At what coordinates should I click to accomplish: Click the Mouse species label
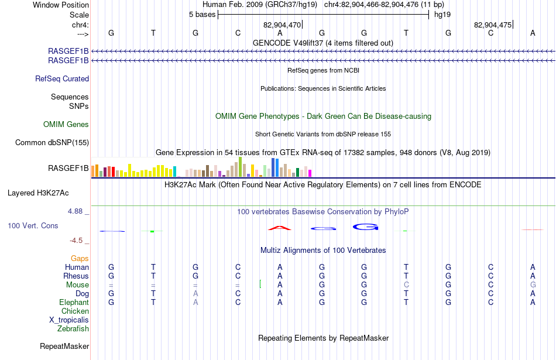(77, 285)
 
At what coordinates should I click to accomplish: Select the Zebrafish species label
(73, 329)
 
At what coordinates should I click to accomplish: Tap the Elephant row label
(74, 303)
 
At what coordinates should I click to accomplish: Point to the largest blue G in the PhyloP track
(365, 227)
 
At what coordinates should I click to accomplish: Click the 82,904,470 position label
(282, 25)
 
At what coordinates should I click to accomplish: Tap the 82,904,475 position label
(493, 25)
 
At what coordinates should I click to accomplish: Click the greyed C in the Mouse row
(406, 285)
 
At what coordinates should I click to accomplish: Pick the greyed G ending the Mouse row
(533, 285)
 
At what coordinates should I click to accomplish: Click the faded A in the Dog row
(195, 294)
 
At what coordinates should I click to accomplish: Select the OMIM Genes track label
(66, 125)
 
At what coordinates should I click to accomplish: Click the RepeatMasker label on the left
(64, 346)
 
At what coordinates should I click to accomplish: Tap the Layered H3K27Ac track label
(38, 193)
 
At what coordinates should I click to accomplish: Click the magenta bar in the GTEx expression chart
(310, 173)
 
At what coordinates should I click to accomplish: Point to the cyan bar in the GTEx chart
(175, 172)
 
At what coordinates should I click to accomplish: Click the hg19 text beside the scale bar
(442, 15)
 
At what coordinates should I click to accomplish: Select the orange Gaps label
(80, 259)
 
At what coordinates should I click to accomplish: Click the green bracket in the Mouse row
(260, 284)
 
